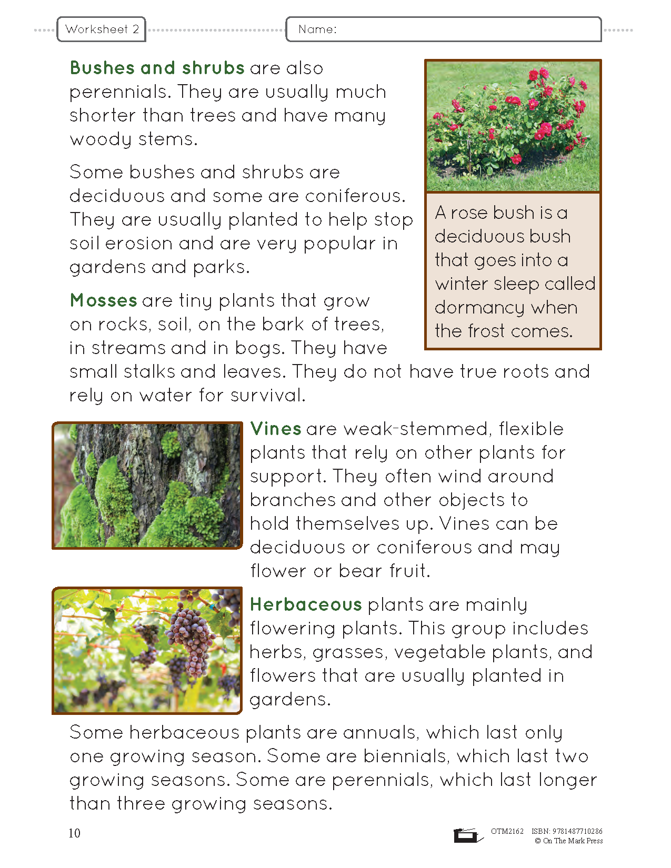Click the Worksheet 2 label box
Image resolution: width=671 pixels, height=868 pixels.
click(102, 29)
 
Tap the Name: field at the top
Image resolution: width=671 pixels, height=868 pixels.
click(443, 29)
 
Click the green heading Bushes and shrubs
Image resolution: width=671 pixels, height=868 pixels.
click(157, 68)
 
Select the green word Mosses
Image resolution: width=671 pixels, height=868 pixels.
click(103, 300)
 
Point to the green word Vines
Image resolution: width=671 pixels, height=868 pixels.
click(275, 429)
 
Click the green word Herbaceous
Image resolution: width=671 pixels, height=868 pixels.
click(306, 604)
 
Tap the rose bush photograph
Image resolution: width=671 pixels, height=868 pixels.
click(513, 126)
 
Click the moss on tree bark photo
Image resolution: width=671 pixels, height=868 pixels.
click(147, 485)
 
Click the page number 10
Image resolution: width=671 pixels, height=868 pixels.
click(74, 833)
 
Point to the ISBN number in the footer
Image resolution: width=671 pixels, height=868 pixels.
click(567, 831)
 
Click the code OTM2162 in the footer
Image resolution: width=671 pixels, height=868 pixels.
click(507, 831)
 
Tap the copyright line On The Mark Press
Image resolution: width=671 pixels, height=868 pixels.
click(569, 841)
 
